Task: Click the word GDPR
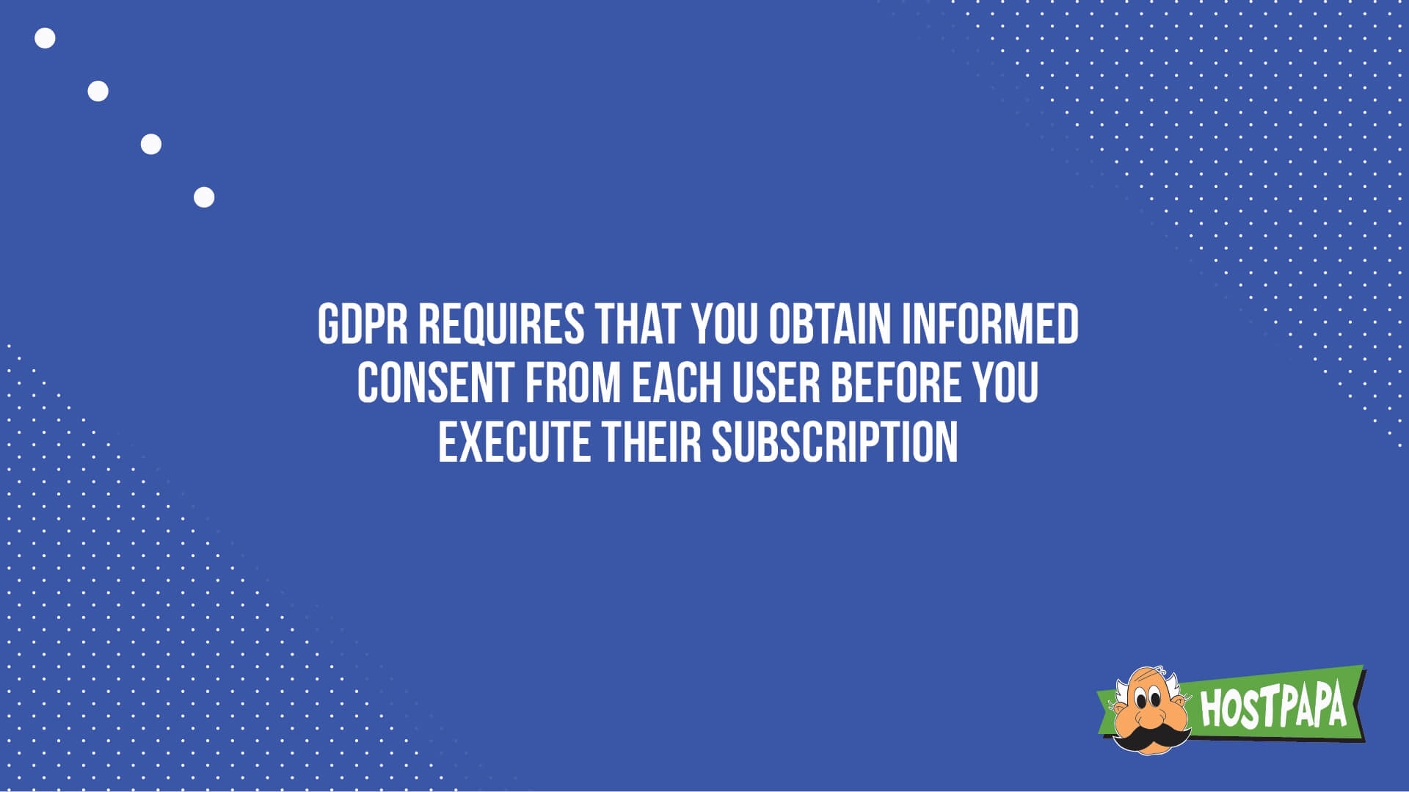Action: click(x=363, y=324)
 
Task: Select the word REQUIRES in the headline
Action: click(x=501, y=324)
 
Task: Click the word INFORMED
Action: click(x=990, y=324)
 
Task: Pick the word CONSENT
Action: click(x=434, y=383)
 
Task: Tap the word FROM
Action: click(x=572, y=383)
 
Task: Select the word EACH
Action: click(x=676, y=383)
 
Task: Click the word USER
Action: click(x=776, y=383)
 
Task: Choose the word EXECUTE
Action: click(x=514, y=443)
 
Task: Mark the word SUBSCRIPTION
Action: click(x=834, y=443)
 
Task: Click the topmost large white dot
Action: click(x=45, y=38)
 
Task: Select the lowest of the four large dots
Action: click(x=204, y=197)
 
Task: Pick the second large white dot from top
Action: click(x=98, y=91)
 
